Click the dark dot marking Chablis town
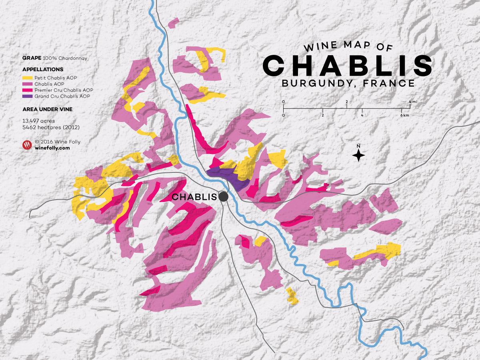[x=223, y=196]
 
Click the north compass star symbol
[x=358, y=155]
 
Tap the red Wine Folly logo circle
[x=27, y=145]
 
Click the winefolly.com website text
[x=52, y=148]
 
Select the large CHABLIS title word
[x=347, y=65]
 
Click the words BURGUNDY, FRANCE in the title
[x=348, y=84]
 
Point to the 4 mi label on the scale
[x=413, y=102]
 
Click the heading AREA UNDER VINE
[x=47, y=109]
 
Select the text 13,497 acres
[x=39, y=120]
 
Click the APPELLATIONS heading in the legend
[x=43, y=69]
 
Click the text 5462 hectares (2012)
[x=51, y=127]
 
